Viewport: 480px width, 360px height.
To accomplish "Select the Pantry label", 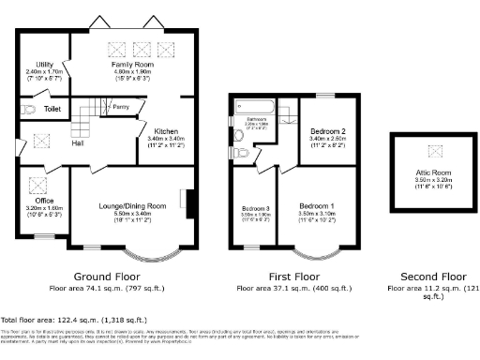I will pyautogui.click(x=120, y=107).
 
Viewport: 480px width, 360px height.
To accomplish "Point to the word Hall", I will pyautogui.click(x=79, y=142).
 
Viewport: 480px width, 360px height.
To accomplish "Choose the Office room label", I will pyautogui.click(x=43, y=200).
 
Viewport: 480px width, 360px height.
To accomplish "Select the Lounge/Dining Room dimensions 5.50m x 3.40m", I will pyautogui.click(x=130, y=213).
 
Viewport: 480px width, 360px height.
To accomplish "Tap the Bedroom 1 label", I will pyautogui.click(x=316, y=205).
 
